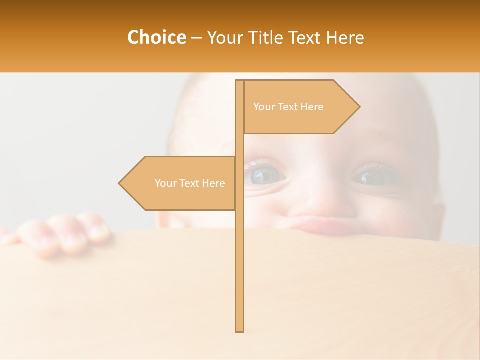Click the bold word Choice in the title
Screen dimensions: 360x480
[156, 37]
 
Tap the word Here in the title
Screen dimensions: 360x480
[345, 37]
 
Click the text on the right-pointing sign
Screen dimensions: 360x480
[288, 107]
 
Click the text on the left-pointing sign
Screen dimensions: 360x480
[190, 183]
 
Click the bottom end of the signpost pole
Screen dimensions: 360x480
[240, 329]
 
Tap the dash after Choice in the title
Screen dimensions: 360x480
[196, 38]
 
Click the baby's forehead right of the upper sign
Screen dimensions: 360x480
[395, 105]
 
